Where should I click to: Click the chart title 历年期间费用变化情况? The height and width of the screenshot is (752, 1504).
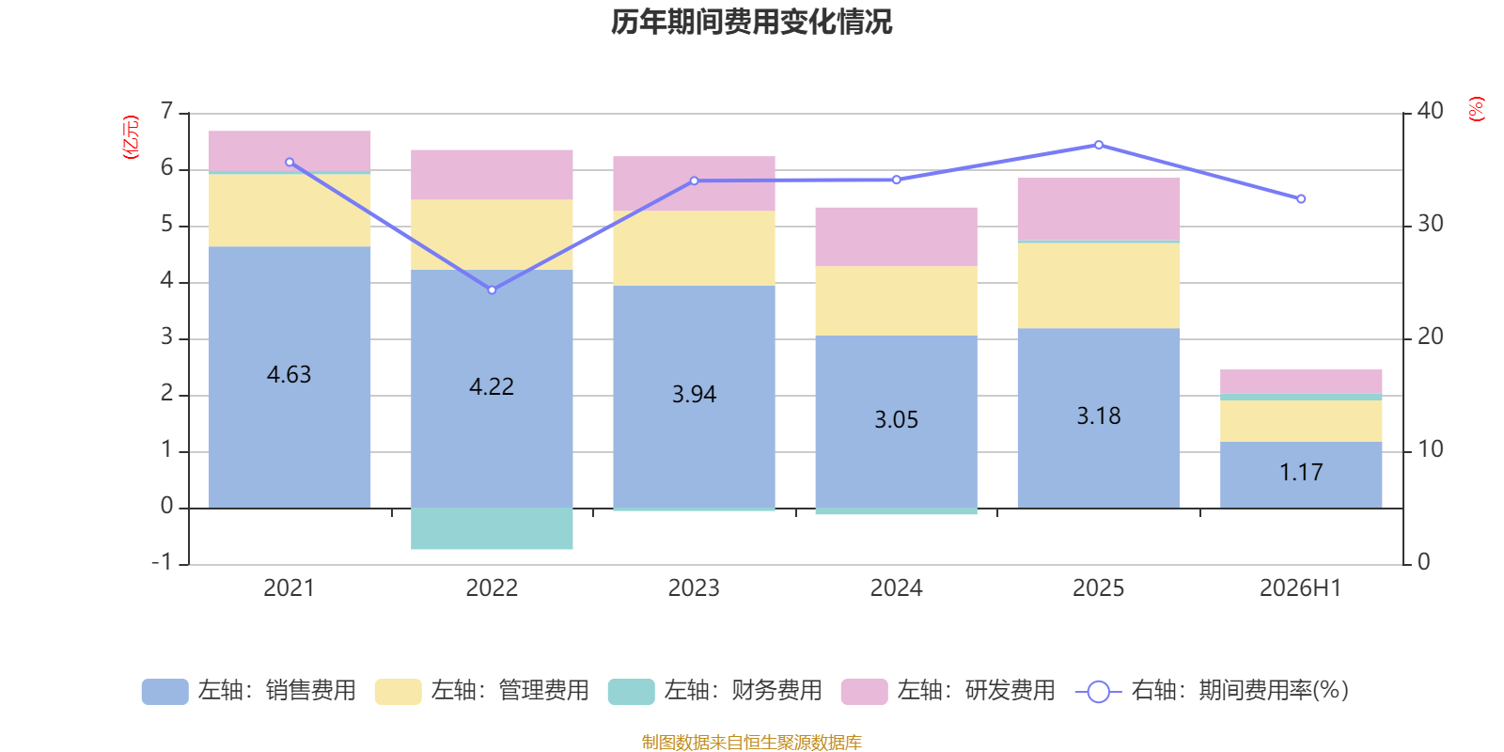pyautogui.click(x=751, y=23)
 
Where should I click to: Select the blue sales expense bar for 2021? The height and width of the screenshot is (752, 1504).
pyautogui.click(x=290, y=377)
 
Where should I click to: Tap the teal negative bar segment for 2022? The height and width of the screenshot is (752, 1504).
pyautogui.click(x=492, y=528)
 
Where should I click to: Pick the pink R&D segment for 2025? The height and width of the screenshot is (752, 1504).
pyautogui.click(x=1099, y=209)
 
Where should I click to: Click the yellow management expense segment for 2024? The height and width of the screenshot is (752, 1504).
pyautogui.click(x=897, y=301)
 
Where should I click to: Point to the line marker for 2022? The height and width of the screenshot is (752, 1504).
pyautogui.click(x=493, y=290)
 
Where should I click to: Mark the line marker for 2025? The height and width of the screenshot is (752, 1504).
pyautogui.click(x=1099, y=145)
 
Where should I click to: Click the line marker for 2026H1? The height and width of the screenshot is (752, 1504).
pyautogui.click(x=1301, y=198)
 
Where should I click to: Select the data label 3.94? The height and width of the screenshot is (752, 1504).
pyautogui.click(x=695, y=394)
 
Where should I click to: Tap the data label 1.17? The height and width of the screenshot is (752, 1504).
pyautogui.click(x=1301, y=473)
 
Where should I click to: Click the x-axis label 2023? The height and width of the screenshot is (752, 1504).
pyautogui.click(x=694, y=588)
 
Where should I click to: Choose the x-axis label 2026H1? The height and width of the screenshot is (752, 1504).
pyautogui.click(x=1301, y=588)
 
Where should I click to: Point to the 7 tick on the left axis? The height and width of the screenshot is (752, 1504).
pyautogui.click(x=166, y=111)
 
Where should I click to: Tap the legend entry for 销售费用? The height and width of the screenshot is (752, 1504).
pyautogui.click(x=249, y=691)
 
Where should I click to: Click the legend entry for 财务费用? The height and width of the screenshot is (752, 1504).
pyautogui.click(x=715, y=691)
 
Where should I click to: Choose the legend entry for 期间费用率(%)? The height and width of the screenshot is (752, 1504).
pyautogui.click(x=1212, y=691)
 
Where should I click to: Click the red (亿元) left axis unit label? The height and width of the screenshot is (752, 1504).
pyautogui.click(x=131, y=137)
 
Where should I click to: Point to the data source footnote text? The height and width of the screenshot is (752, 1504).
pyautogui.click(x=751, y=742)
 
